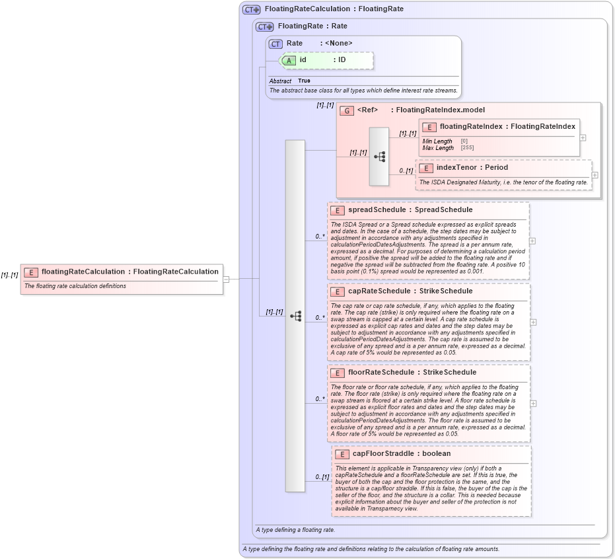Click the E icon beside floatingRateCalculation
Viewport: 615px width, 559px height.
coord(31,272)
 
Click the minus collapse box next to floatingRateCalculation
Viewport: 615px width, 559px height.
coord(226,279)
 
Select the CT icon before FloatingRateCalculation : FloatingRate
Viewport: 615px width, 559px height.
coord(251,10)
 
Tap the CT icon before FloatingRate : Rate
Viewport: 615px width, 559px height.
coord(264,27)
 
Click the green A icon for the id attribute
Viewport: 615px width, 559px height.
coord(289,60)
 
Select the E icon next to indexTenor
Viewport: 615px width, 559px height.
coord(426,168)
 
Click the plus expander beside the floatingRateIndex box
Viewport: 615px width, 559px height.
coord(583,137)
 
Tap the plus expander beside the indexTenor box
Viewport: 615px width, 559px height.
coord(595,175)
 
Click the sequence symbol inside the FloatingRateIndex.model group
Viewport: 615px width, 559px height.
coord(379,157)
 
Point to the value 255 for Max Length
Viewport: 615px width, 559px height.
coord(467,147)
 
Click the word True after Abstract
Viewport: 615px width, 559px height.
coord(304,81)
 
